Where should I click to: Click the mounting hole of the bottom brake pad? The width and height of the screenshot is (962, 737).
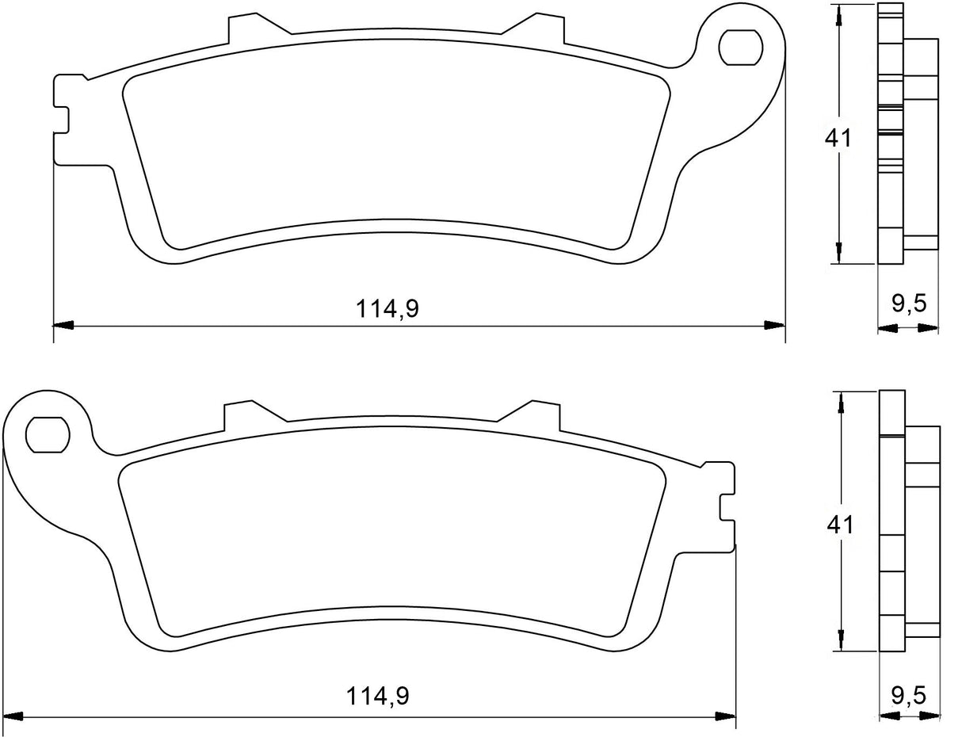pyautogui.click(x=45, y=434)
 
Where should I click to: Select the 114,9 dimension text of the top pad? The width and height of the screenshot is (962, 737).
pyautogui.click(x=387, y=309)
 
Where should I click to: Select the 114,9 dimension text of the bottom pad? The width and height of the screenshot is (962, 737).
pyautogui.click(x=377, y=697)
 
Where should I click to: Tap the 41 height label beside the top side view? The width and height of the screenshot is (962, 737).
pyautogui.click(x=838, y=138)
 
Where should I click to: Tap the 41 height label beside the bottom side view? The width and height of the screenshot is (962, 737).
pyautogui.click(x=838, y=524)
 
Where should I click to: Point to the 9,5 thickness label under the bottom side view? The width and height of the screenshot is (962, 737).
pyautogui.click(x=909, y=696)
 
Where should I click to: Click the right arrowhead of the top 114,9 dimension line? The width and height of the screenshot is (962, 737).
pyautogui.click(x=774, y=325)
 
